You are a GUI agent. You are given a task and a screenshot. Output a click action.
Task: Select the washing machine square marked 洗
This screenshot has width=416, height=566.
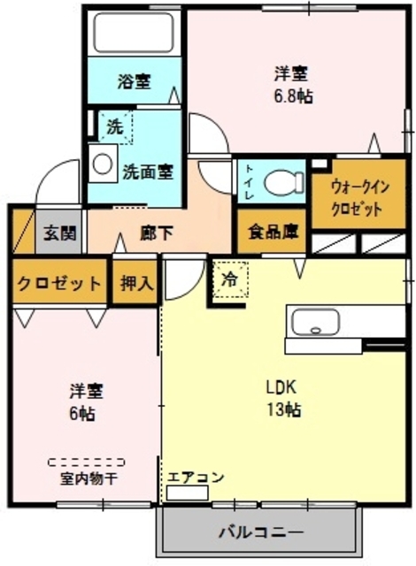[115, 126]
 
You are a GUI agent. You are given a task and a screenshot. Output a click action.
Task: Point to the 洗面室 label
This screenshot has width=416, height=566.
[147, 171]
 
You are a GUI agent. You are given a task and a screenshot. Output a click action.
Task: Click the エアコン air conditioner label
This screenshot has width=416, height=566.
[196, 478]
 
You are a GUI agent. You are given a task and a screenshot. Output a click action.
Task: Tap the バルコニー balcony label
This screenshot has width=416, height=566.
[260, 533]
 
